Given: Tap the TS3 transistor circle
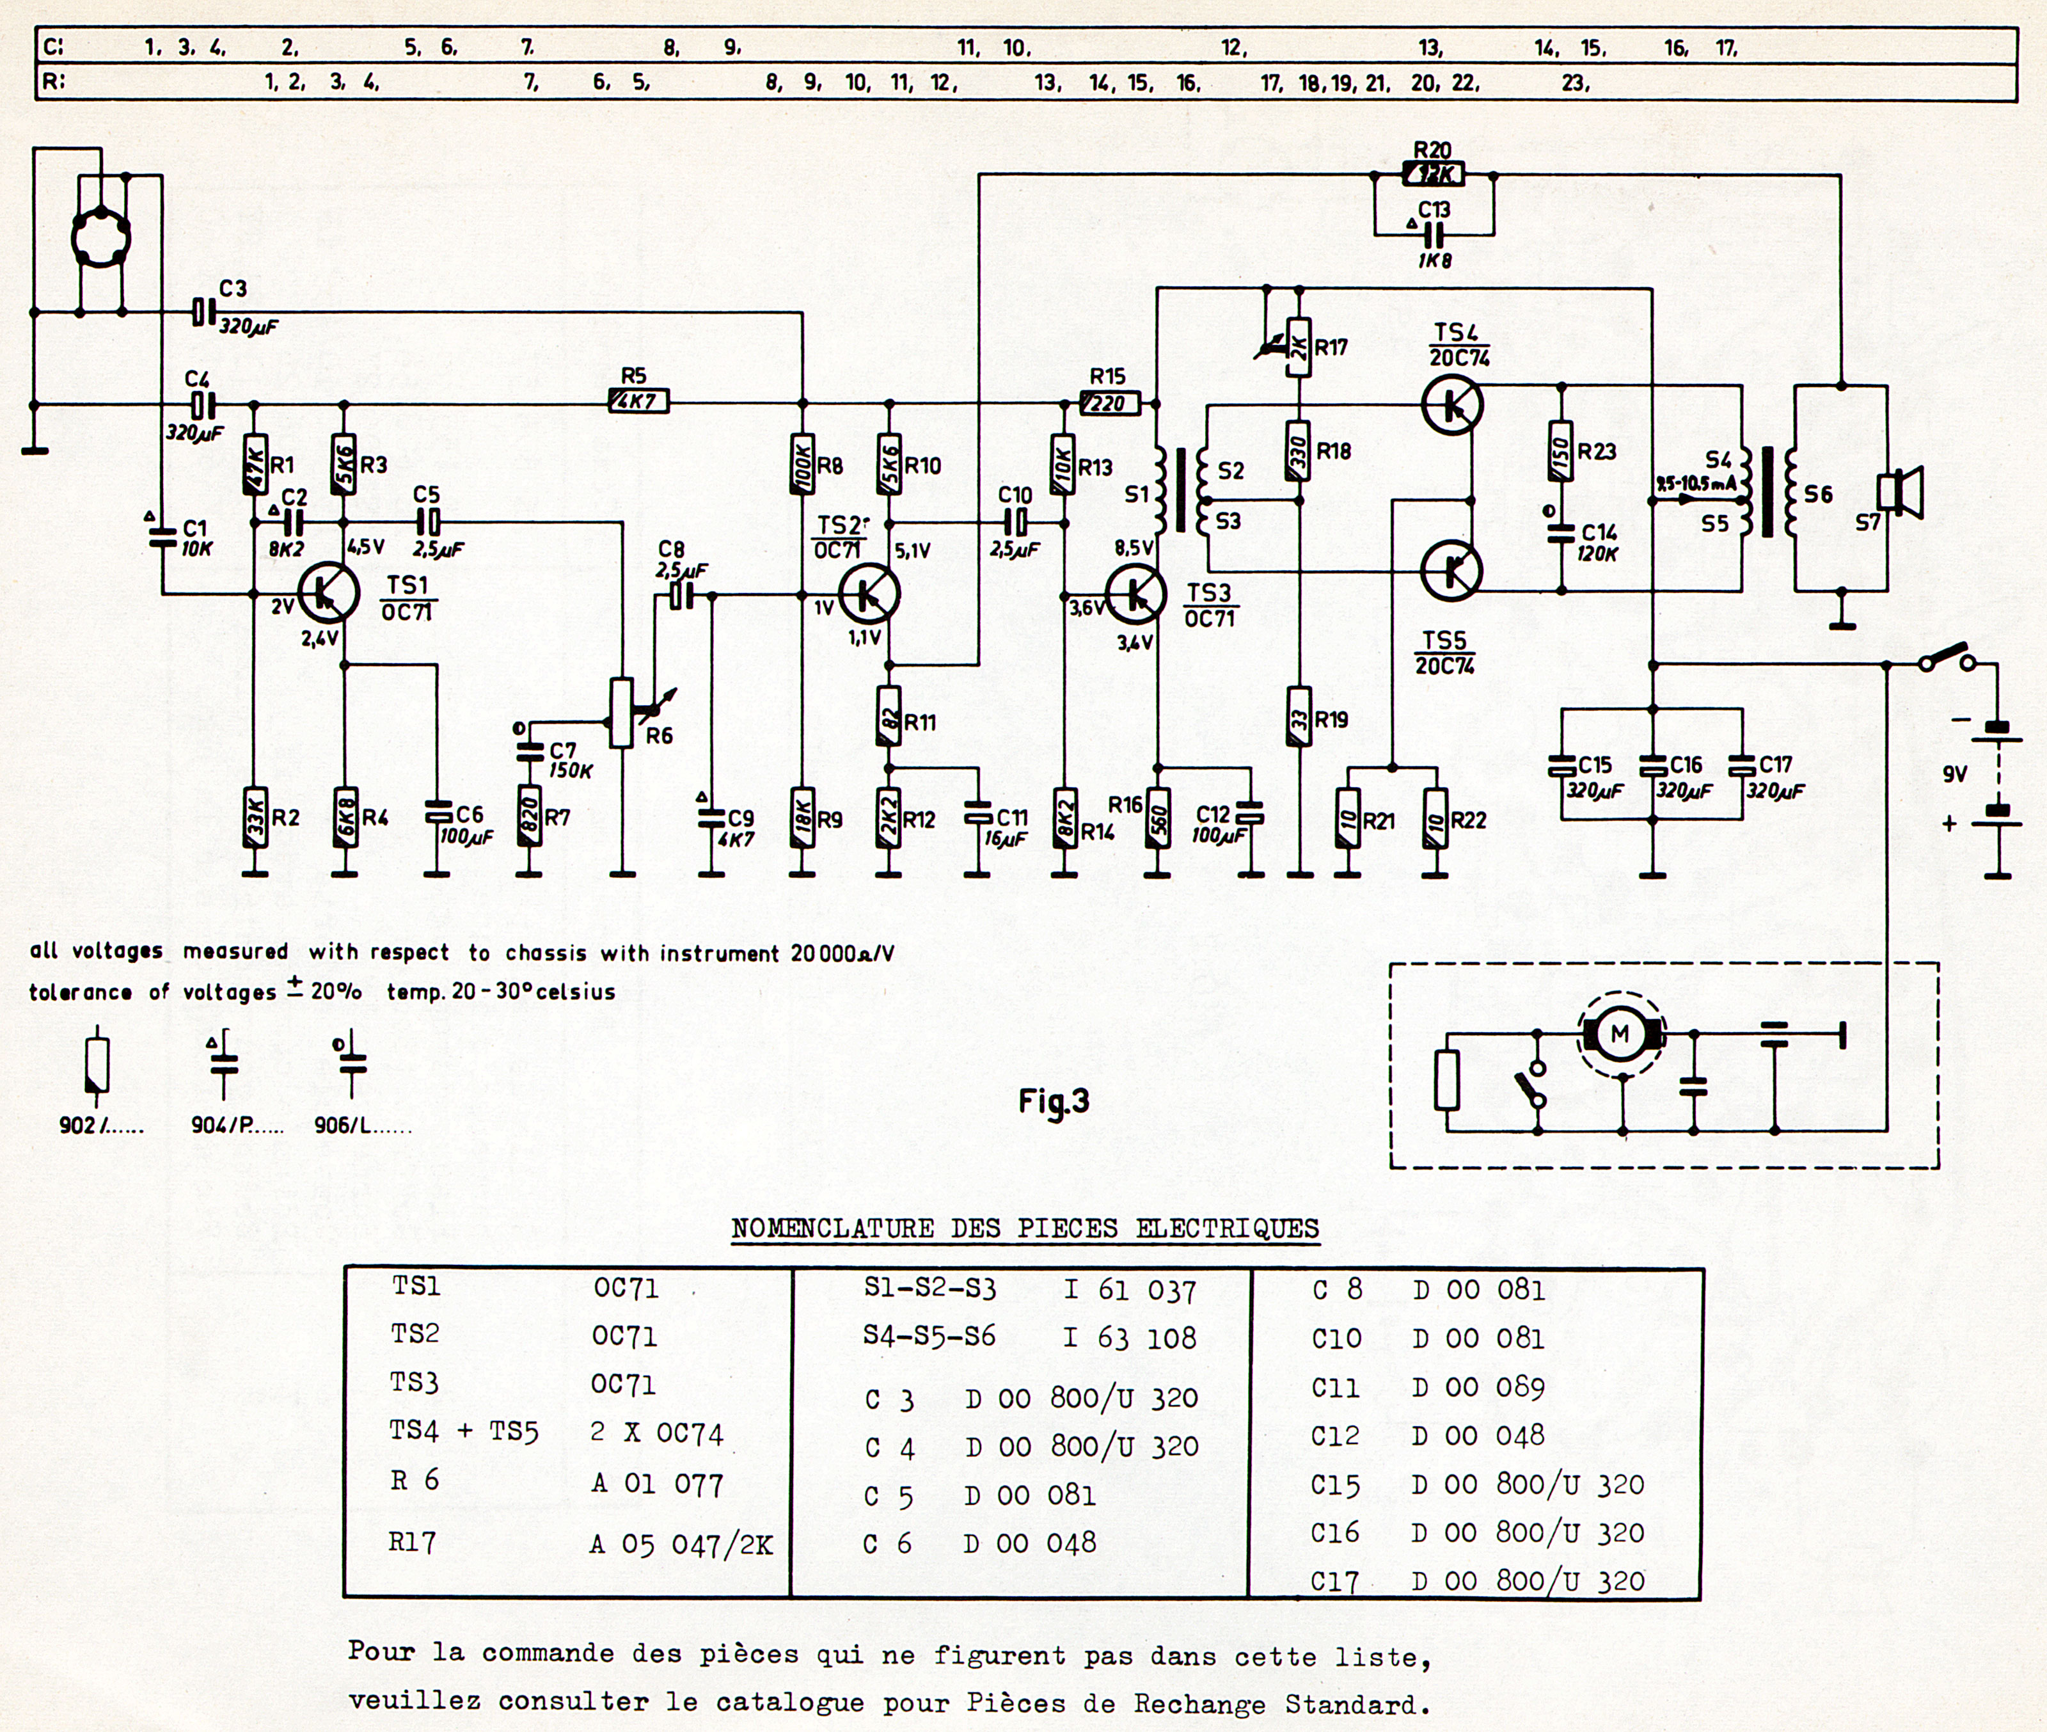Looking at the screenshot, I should [x=1136, y=593].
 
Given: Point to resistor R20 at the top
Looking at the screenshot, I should [x=1434, y=175].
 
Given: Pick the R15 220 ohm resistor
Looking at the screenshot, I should [x=1109, y=402].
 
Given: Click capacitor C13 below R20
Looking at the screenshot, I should [x=1434, y=234].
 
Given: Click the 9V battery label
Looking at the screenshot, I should [x=1954, y=775].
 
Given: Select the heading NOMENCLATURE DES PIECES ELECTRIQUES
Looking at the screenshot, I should [x=1025, y=1229].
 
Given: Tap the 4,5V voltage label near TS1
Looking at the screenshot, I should [x=365, y=547].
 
